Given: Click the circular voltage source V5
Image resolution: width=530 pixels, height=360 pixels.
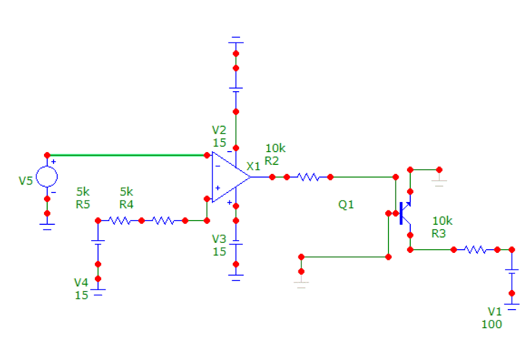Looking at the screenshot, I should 47,177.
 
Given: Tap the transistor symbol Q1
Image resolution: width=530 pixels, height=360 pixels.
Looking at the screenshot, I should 405,213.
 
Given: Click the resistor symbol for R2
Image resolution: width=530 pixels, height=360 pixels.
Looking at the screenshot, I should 308,177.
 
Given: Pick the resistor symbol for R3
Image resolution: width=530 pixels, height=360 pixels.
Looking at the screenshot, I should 475,249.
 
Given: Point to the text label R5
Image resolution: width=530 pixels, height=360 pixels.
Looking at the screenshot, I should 83,204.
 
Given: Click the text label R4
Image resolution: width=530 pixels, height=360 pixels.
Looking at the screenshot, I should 126,204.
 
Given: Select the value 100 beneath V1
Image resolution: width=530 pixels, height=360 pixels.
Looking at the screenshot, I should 491,324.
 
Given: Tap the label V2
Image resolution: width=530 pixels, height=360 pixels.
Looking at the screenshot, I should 219,130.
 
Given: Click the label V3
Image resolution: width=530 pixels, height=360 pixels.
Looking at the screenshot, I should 219,238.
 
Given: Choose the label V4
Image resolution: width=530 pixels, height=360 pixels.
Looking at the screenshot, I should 81,283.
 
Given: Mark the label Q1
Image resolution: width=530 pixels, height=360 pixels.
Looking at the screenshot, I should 346,205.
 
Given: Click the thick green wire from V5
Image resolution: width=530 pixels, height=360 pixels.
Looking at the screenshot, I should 127,155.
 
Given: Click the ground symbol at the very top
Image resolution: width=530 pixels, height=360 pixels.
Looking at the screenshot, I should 236,40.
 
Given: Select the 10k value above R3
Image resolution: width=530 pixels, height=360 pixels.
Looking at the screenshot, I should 443,221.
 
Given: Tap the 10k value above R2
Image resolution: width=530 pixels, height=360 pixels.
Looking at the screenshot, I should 275,148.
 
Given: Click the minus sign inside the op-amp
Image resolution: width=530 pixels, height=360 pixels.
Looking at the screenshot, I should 217,166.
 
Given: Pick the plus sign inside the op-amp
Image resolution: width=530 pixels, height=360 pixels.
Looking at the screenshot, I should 217,188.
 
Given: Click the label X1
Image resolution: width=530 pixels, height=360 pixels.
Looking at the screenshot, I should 253,166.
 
